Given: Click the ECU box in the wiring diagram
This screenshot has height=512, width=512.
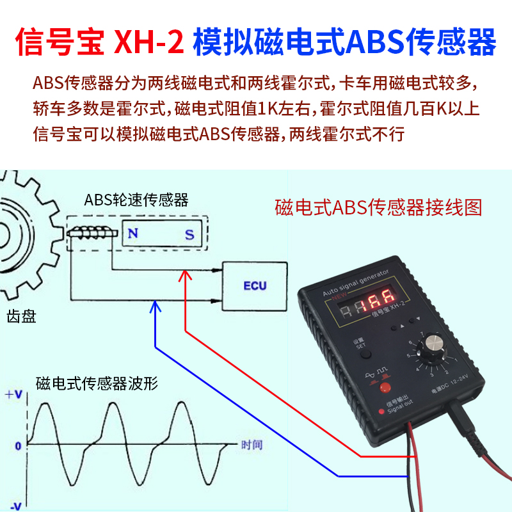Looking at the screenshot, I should (255, 284).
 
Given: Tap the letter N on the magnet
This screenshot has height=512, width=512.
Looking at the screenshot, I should (134, 234).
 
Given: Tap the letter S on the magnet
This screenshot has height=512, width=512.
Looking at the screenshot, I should (189, 234).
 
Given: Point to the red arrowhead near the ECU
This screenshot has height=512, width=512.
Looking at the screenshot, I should (185, 276).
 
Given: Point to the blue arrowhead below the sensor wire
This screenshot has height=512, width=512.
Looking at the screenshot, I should (154, 308).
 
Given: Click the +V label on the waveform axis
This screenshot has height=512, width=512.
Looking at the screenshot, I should (13, 395).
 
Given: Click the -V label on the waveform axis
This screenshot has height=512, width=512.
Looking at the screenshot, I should (14, 506).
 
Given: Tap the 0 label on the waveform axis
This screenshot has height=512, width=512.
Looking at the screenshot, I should (19, 444).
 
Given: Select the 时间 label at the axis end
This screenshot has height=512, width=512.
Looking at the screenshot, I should (252, 444).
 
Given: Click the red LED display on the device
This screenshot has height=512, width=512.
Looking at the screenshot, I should (375, 307).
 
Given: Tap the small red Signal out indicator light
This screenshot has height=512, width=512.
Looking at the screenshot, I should (381, 410).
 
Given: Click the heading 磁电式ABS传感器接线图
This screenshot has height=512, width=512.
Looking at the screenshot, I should (378, 207).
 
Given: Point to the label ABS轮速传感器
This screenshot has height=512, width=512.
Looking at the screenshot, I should (136, 200).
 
